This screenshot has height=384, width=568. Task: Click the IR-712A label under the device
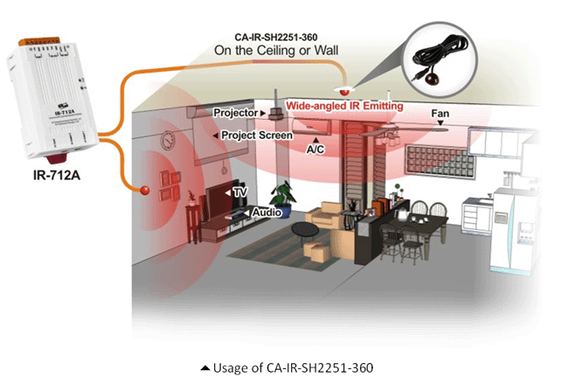[57, 176]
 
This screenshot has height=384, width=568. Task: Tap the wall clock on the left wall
[168, 140]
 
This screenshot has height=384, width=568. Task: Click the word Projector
[235, 113]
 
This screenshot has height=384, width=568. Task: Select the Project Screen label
[257, 136]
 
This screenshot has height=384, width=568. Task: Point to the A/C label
[315, 149]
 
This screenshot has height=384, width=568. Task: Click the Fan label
[440, 114]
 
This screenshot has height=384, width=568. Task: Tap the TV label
[239, 192]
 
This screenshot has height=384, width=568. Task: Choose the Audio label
[267, 213]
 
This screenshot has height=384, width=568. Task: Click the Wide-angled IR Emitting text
[344, 106]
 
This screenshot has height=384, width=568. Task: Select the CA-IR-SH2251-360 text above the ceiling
[276, 37]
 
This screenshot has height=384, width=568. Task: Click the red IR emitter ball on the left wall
[145, 190]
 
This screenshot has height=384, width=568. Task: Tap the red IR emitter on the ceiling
[344, 91]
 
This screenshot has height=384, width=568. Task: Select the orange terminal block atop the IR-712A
[39, 41]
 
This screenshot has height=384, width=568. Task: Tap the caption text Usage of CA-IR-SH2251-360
[293, 367]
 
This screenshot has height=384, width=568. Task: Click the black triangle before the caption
[205, 368]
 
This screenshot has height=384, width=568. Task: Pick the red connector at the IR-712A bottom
[56, 158]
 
